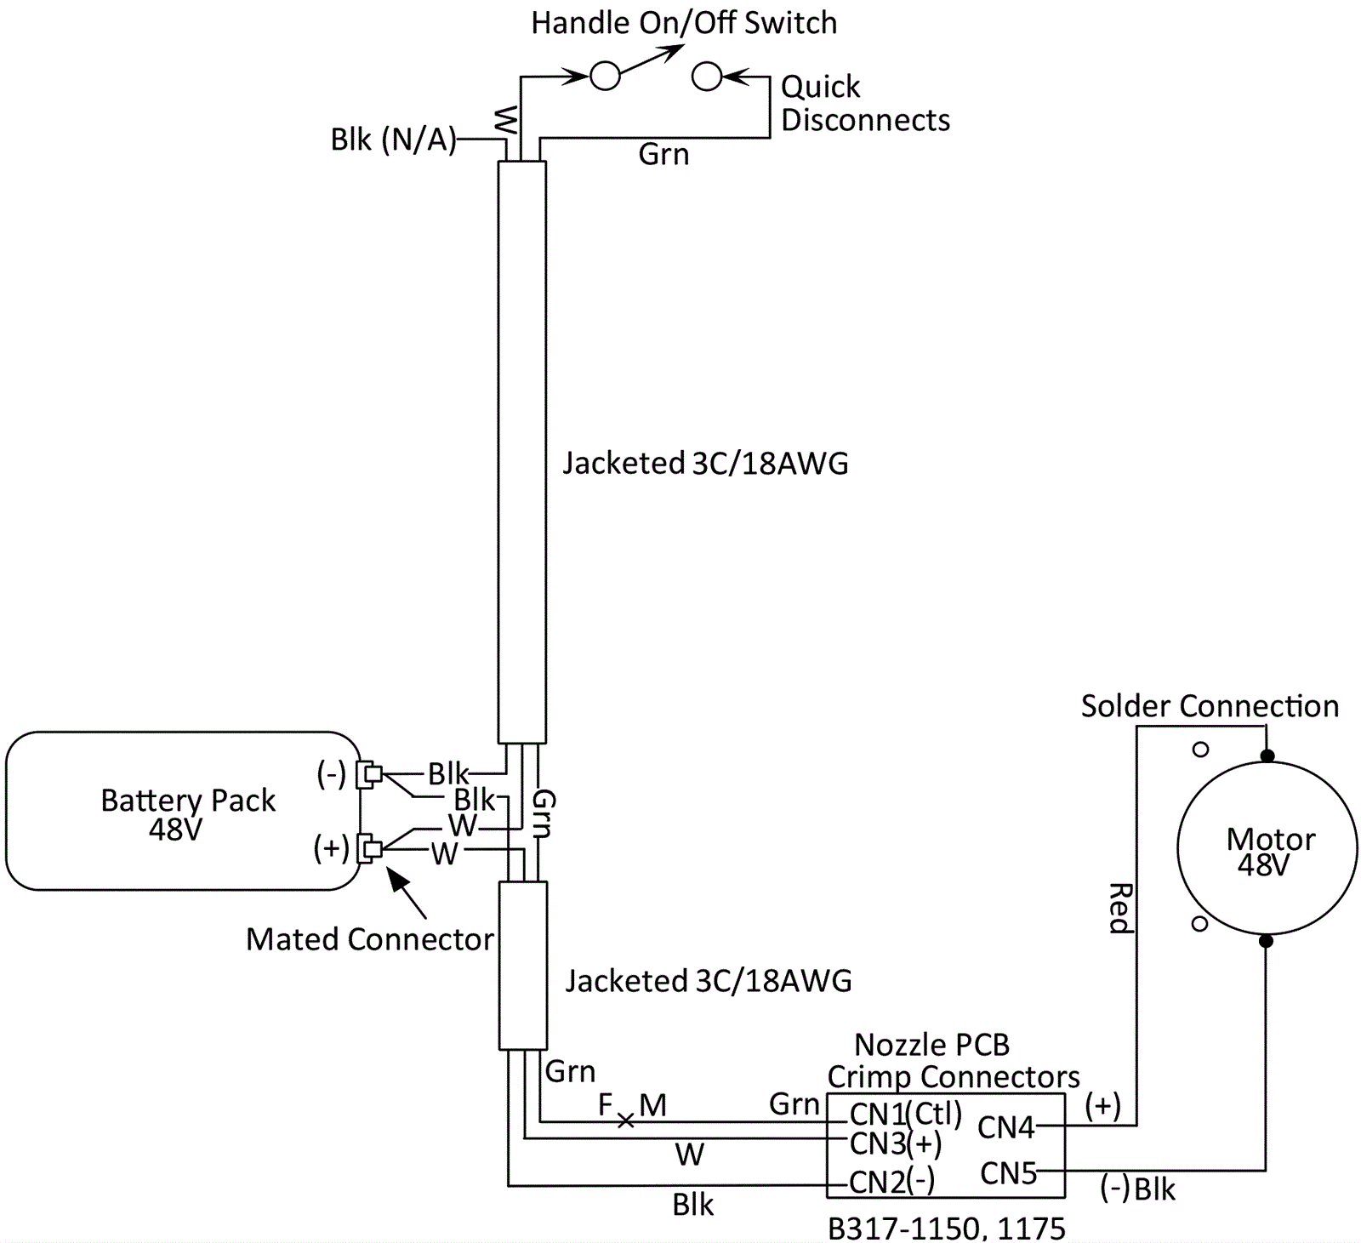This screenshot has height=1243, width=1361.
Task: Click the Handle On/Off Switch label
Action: click(684, 23)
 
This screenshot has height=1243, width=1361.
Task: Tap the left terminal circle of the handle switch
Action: click(605, 77)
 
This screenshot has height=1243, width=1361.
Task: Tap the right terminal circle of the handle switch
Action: click(707, 77)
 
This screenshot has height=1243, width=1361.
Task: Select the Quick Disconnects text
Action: click(864, 103)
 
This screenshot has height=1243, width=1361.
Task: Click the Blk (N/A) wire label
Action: click(393, 140)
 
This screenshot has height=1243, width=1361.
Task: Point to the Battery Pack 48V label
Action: click(187, 813)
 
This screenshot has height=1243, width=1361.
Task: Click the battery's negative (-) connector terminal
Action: click(370, 774)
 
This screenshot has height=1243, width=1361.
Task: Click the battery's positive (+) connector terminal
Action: click(370, 848)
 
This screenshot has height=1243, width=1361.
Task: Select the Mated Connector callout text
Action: click(369, 939)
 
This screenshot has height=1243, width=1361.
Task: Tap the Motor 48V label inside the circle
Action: click(1269, 851)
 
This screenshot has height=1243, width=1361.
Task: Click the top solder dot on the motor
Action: click(1267, 755)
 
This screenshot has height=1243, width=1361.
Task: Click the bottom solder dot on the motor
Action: click(1266, 941)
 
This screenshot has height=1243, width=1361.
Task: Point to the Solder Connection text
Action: click(1210, 706)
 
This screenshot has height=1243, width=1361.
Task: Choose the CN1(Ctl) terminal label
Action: click(905, 1113)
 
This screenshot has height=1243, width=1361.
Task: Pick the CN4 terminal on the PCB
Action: click(1006, 1127)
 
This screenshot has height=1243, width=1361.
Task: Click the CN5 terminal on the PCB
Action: click(1008, 1173)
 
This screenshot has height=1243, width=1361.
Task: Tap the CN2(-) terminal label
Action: click(891, 1182)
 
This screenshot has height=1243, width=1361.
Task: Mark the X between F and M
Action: click(625, 1121)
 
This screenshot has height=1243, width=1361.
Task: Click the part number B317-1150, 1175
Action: click(946, 1229)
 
